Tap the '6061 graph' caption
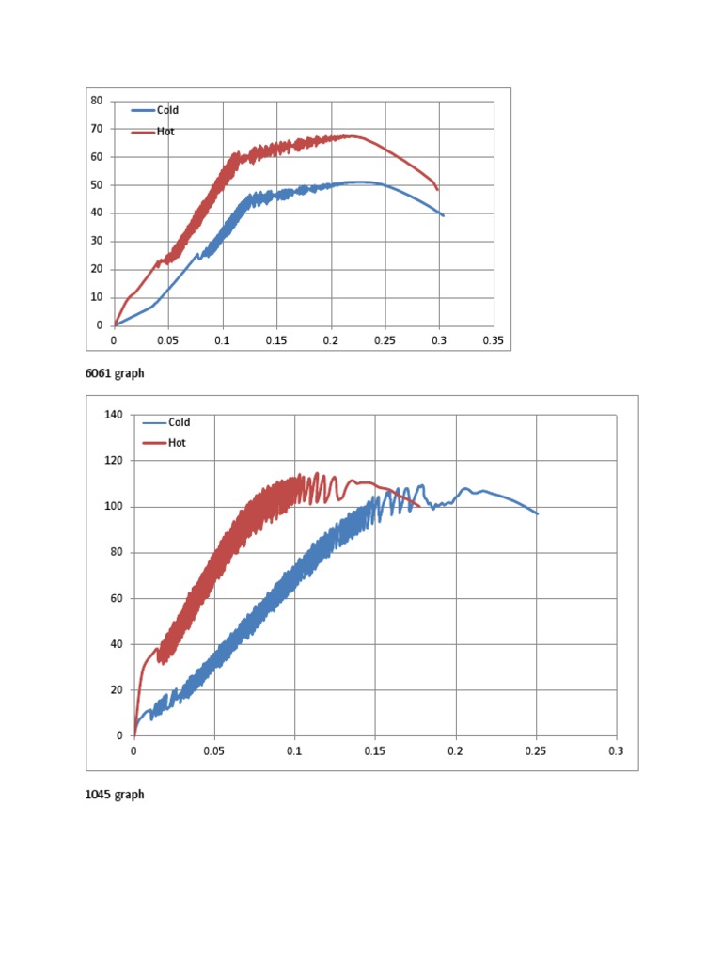[115, 373]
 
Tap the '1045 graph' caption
[115, 795]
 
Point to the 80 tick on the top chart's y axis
[97, 101]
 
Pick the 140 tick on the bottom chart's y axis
[114, 415]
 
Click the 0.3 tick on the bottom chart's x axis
[617, 751]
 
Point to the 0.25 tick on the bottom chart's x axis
[536, 751]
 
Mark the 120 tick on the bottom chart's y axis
[114, 461]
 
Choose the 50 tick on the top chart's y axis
[97, 185]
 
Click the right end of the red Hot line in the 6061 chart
[437, 189]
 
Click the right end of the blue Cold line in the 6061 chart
[443, 215]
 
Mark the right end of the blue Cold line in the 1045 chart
[537, 513]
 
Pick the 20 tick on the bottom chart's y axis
[117, 690]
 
